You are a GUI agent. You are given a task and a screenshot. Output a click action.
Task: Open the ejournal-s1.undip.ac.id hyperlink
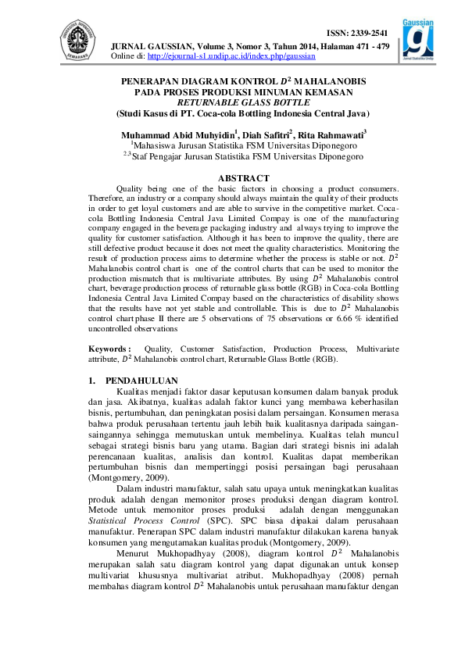coord(231,57)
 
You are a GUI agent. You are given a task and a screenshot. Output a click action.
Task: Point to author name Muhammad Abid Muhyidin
coord(177,134)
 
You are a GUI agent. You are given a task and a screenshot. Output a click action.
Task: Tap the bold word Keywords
coord(109,348)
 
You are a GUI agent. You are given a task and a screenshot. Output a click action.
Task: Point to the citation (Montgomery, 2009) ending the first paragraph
coord(125,474)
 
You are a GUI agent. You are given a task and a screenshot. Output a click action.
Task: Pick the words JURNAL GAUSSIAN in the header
coord(147,46)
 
